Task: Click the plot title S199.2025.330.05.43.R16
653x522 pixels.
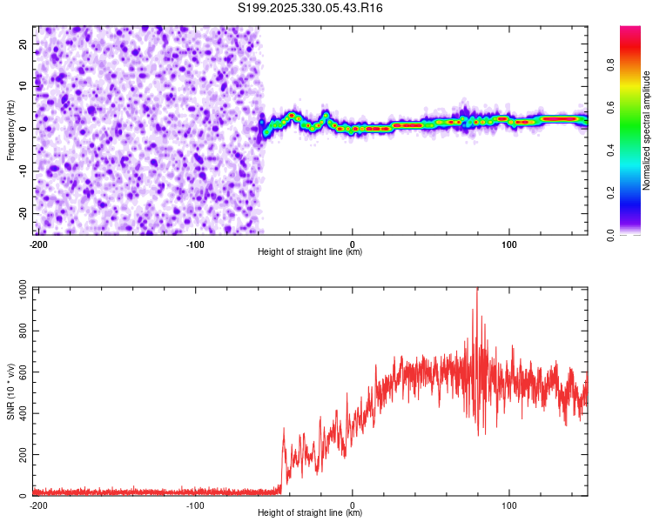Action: click(311, 8)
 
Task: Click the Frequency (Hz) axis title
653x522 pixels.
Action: click(10, 130)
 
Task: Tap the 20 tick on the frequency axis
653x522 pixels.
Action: click(24, 43)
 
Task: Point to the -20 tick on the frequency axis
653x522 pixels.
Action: click(22, 213)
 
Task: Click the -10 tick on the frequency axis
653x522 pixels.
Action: click(22, 171)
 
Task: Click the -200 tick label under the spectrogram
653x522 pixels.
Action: click(37, 244)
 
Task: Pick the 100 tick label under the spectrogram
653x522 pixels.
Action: click(509, 244)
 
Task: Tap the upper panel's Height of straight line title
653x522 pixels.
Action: click(310, 252)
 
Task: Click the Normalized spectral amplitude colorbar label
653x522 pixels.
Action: click(646, 131)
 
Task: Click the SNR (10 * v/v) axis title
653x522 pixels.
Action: click(10, 391)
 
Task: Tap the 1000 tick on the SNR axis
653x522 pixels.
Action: click(17, 289)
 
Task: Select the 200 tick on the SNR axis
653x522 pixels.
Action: click(20, 454)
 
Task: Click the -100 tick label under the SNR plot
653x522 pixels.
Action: click(195, 505)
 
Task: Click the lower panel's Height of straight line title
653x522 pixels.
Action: click(310, 513)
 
